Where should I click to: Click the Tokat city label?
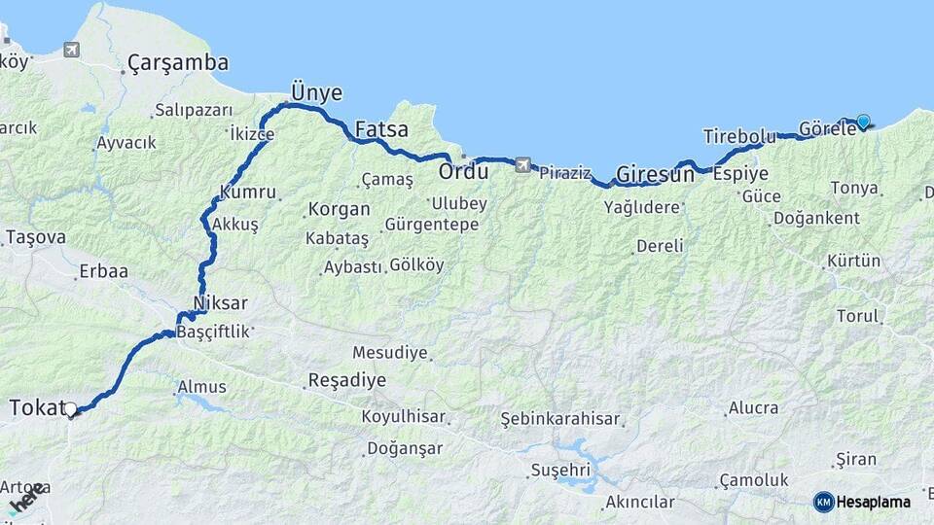tap(37, 407)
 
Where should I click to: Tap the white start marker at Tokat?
tap(70, 409)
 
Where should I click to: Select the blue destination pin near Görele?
tap(863, 122)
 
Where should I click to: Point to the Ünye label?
tap(317, 93)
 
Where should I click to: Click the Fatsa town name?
tap(381, 128)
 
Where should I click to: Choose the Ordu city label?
tap(463, 172)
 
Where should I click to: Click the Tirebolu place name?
tap(739, 136)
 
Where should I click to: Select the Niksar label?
tap(221, 303)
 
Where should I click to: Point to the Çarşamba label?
tap(178, 63)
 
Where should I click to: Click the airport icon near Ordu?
tap(523, 165)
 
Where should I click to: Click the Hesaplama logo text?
tap(874, 503)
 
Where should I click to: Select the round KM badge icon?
tap(824, 502)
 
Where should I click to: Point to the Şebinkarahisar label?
tap(560, 419)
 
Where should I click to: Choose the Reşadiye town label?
tap(346, 380)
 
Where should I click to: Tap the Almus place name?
tap(201, 388)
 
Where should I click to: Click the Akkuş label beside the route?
tap(235, 224)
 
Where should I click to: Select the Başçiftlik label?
tap(212, 332)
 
